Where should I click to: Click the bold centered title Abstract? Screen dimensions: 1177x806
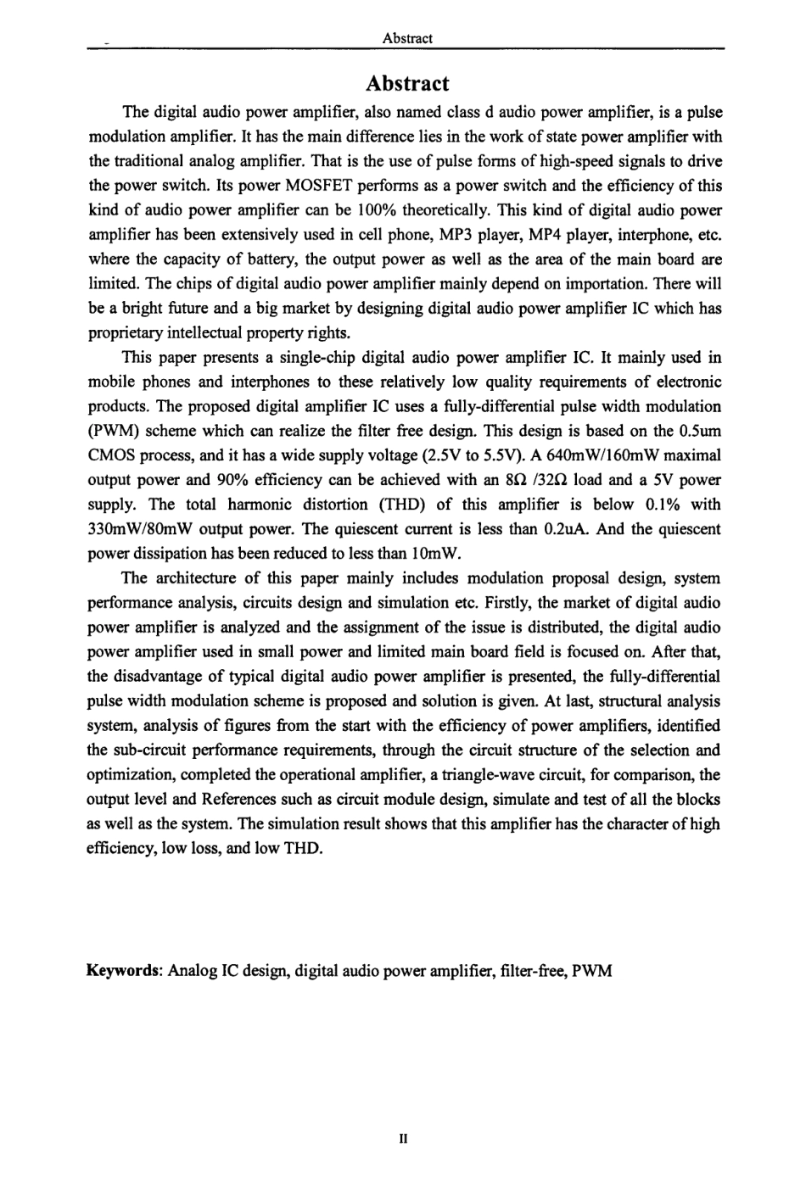coord(407,84)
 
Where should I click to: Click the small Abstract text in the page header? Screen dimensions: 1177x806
coord(407,38)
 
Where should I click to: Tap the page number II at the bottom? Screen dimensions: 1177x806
coord(404,1139)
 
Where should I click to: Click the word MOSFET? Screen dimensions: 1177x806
coord(225,186)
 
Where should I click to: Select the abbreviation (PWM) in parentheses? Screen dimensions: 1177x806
coord(112,431)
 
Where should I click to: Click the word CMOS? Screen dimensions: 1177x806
coord(110,455)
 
